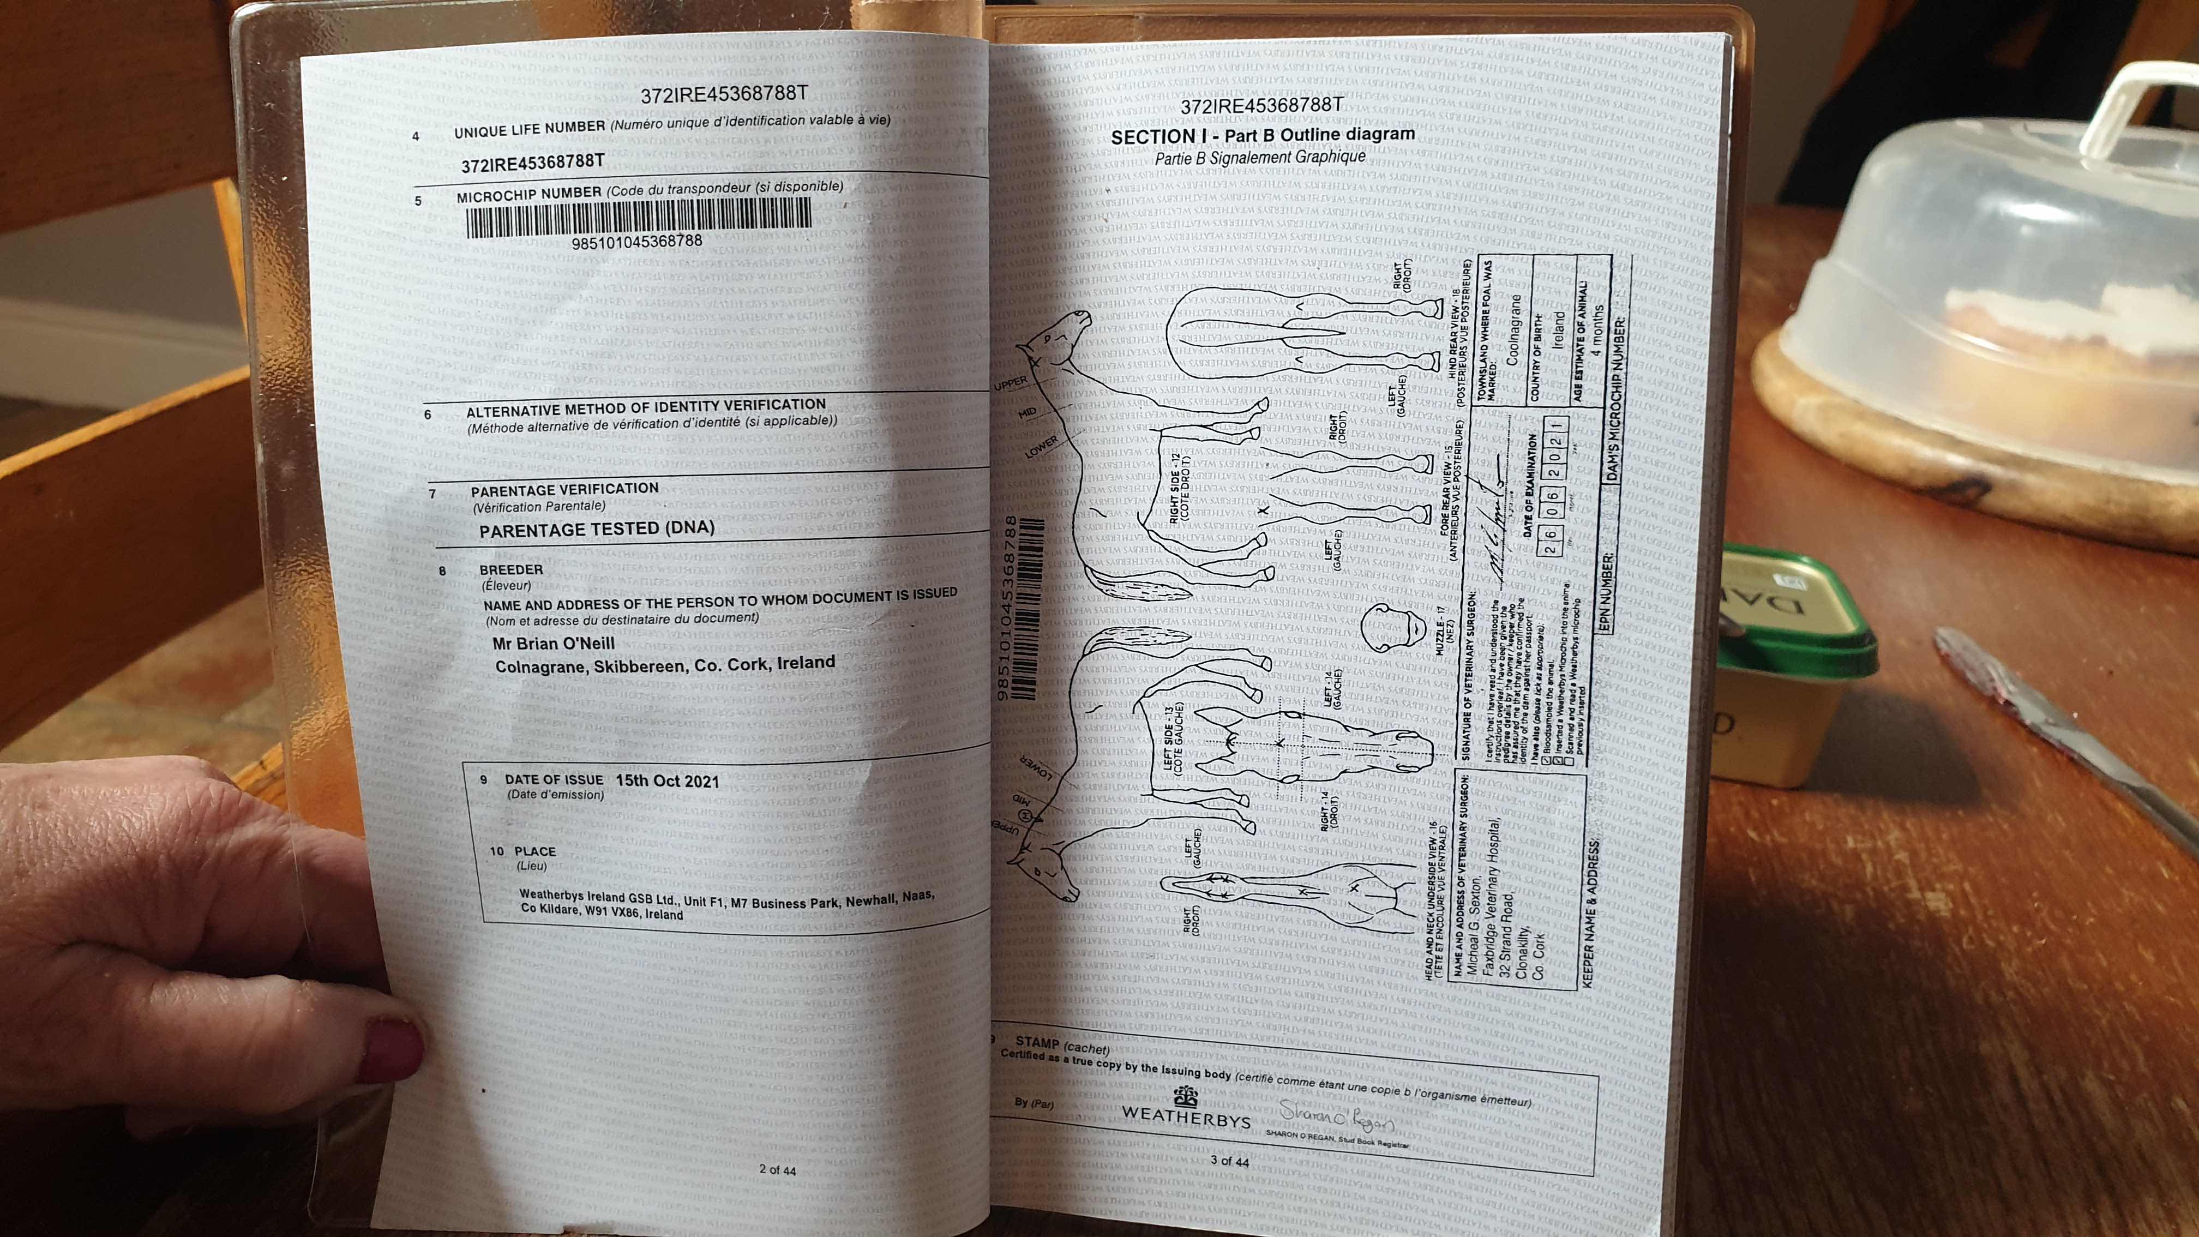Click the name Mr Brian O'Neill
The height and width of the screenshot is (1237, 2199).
(553, 644)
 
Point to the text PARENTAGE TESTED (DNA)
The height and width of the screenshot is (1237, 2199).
(597, 529)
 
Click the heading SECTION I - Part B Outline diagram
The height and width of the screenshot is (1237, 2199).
(1263, 135)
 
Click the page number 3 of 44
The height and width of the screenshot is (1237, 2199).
(1229, 1162)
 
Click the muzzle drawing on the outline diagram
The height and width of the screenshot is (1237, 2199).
(1391, 629)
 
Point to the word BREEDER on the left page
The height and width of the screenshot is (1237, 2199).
(510, 569)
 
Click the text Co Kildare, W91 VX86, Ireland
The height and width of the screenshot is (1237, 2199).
(602, 912)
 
